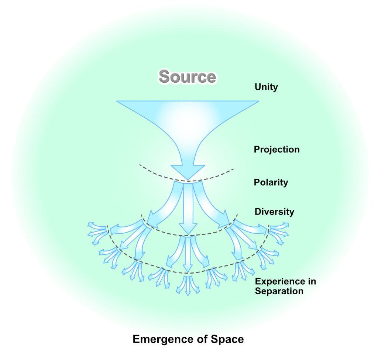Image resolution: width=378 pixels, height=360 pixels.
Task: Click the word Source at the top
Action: [x=187, y=77]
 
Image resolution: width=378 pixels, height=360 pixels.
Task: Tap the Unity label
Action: [x=266, y=88]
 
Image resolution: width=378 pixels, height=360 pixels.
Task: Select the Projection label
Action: [x=276, y=150]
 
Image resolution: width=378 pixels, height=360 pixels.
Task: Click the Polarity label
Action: [x=271, y=182]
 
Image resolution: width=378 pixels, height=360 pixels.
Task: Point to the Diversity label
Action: [x=274, y=212]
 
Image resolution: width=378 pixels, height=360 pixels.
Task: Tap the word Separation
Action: [x=279, y=291]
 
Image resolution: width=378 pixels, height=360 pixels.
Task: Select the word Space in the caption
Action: [x=229, y=339]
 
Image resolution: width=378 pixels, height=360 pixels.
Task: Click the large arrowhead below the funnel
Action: [x=188, y=172]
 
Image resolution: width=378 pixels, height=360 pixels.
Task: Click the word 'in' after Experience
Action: [x=311, y=282]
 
